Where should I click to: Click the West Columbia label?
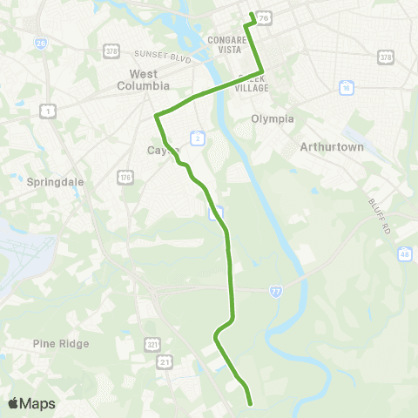click(x=143, y=79)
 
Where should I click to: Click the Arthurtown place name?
click(x=331, y=147)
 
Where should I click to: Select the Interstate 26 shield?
click(x=41, y=43)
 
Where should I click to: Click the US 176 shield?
click(x=126, y=178)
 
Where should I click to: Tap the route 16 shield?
click(x=347, y=88)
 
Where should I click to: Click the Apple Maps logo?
click(x=30, y=403)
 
